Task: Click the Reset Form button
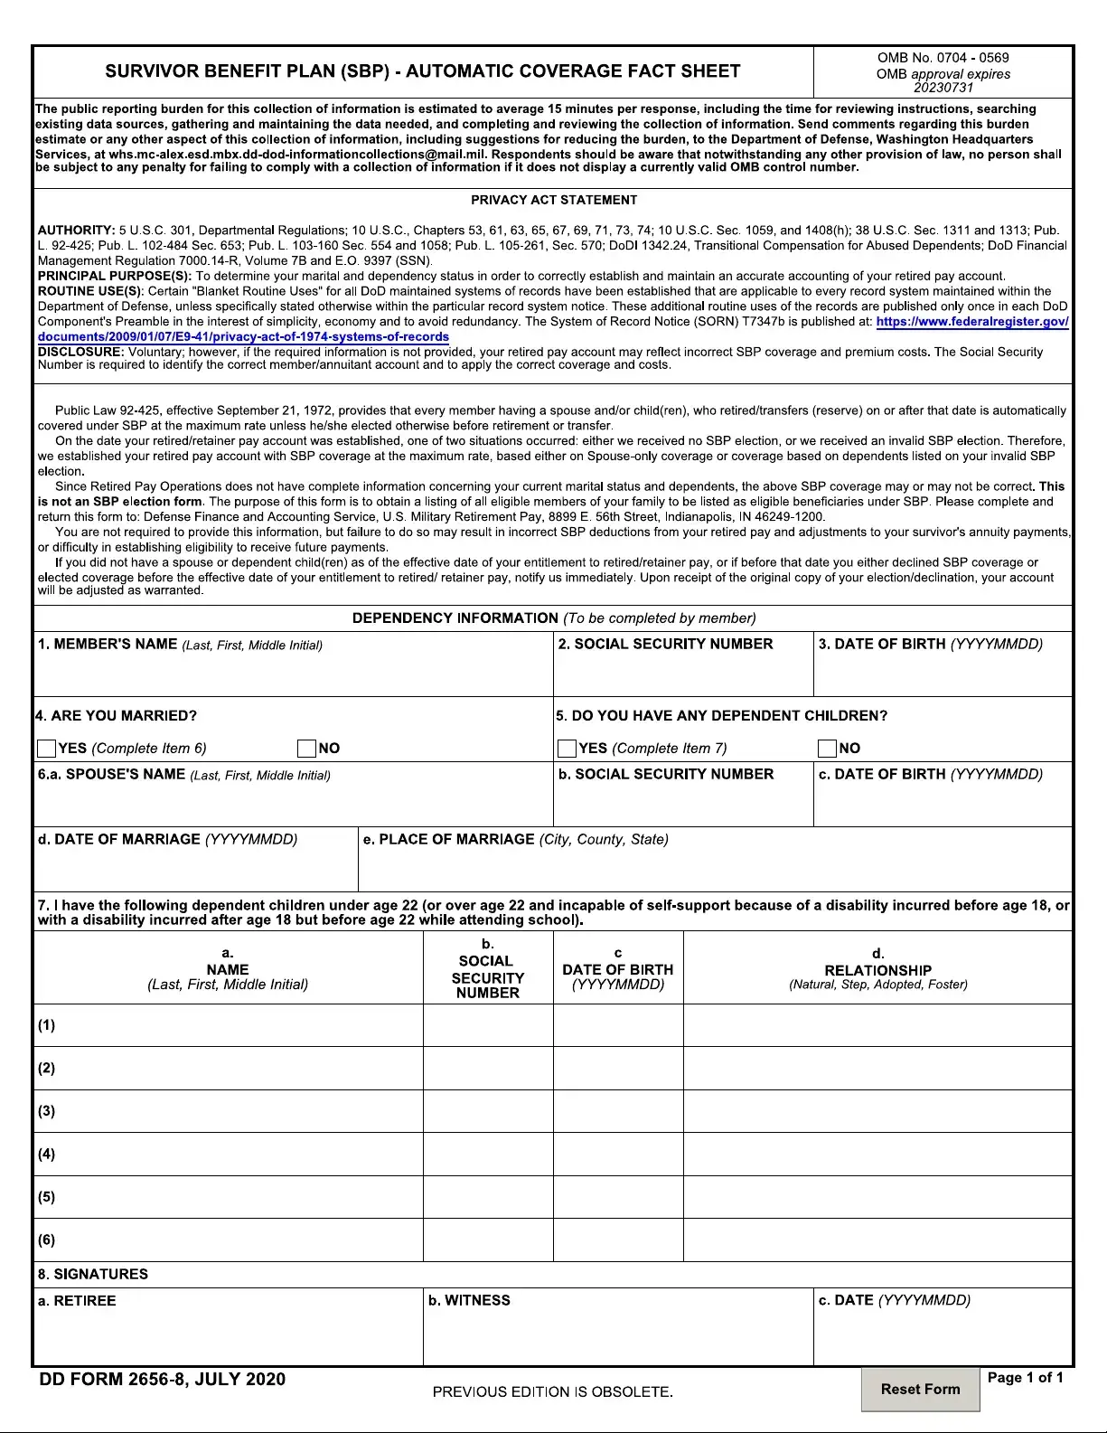(x=920, y=1390)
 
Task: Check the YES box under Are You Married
(x=47, y=749)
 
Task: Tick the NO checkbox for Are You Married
(x=306, y=749)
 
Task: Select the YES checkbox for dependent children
(x=568, y=749)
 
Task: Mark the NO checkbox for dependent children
(x=827, y=749)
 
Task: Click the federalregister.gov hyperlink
(x=971, y=322)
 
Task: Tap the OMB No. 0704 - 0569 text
(x=943, y=58)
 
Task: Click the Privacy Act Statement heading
(x=553, y=200)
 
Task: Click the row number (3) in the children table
(x=47, y=1111)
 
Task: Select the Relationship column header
(x=877, y=970)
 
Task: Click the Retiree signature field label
(x=78, y=1301)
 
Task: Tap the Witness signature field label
(x=469, y=1301)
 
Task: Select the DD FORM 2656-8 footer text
(x=163, y=1380)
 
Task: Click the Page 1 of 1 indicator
(x=1025, y=1378)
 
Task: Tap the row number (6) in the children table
(x=47, y=1240)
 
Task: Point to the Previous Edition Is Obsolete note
(x=552, y=1392)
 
